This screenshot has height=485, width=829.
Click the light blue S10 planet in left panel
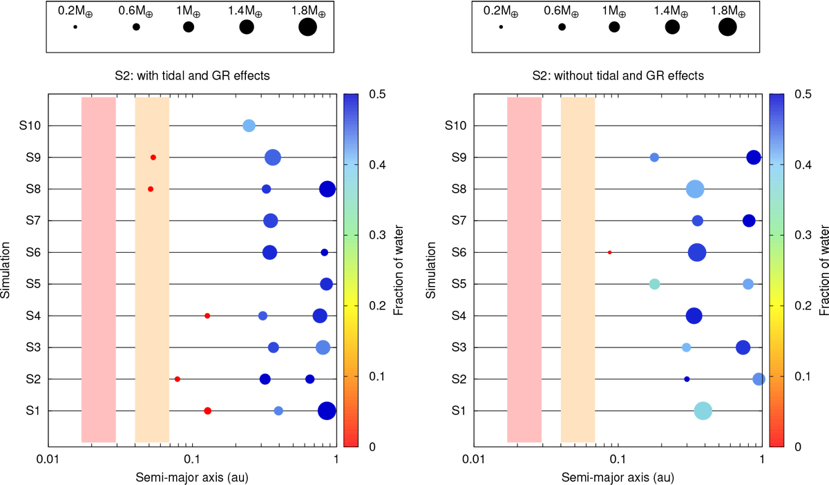pyautogui.click(x=249, y=126)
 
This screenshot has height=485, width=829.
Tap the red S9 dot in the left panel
pyautogui.click(x=153, y=158)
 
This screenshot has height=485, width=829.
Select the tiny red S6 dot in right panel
pyautogui.click(x=609, y=252)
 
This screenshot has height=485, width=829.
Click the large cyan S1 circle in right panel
pyautogui.click(x=703, y=411)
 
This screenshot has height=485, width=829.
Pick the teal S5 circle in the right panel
pyautogui.click(x=654, y=284)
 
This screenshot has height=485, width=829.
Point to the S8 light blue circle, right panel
pyautogui.click(x=695, y=189)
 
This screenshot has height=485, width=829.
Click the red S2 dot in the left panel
pyautogui.click(x=178, y=379)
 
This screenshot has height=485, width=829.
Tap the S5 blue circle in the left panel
pyautogui.click(x=327, y=284)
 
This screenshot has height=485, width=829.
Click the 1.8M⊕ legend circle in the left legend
pyautogui.click(x=307, y=27)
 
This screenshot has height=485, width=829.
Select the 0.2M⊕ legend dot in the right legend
pyautogui.click(x=501, y=27)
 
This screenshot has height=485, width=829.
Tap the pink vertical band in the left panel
pyautogui.click(x=98, y=269)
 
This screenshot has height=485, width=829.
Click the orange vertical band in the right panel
pyautogui.click(x=578, y=269)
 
